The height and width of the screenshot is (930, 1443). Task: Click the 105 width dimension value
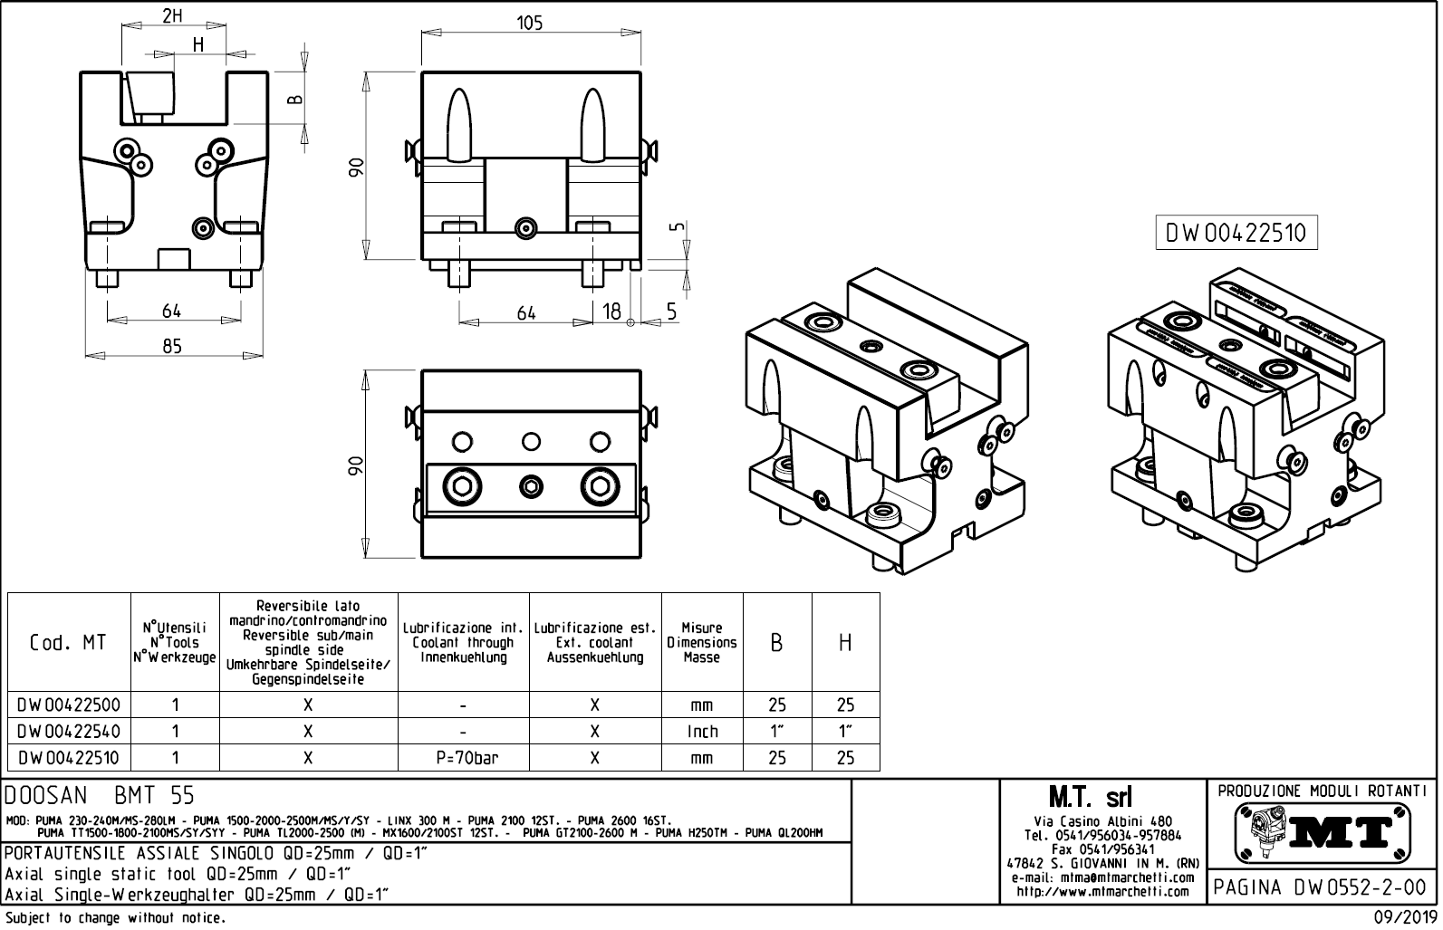point(530,24)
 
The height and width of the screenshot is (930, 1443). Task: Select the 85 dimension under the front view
point(172,345)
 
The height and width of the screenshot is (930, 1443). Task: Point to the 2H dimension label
point(172,15)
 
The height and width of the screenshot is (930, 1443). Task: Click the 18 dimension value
point(612,312)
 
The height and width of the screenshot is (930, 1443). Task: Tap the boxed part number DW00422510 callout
point(1236,234)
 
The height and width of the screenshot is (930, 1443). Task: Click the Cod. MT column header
point(69,642)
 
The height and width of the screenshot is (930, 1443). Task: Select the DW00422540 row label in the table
point(69,731)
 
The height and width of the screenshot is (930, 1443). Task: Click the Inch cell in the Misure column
point(702,731)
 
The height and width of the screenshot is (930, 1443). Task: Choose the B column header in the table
point(777,643)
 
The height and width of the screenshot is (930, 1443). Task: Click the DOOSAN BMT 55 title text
point(100,796)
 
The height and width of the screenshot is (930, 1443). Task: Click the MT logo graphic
point(1323,832)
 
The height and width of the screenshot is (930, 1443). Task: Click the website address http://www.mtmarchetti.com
point(1102,891)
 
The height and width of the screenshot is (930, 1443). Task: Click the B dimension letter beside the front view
point(293,99)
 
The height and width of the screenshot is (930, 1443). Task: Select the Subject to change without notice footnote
point(115,918)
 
